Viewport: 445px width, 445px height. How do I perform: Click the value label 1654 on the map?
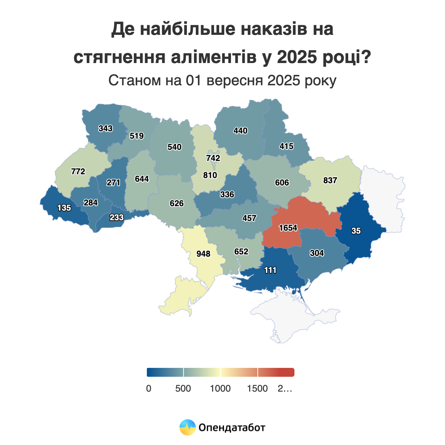click(x=288, y=228)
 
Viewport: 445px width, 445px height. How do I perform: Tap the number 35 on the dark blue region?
click(x=356, y=231)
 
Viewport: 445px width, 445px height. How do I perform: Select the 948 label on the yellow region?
click(x=203, y=254)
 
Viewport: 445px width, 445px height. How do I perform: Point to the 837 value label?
click(x=330, y=181)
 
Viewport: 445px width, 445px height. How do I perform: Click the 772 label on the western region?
click(x=78, y=172)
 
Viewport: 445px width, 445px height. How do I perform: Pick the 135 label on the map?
click(x=64, y=208)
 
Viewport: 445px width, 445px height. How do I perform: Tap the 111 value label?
click(x=270, y=270)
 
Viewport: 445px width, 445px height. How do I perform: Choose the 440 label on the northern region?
click(x=240, y=131)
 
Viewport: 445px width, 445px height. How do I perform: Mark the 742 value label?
click(x=213, y=158)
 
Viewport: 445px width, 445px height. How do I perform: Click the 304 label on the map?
click(x=317, y=253)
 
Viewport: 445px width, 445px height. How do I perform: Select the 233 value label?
click(x=116, y=218)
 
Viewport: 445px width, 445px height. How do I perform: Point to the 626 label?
click(x=177, y=204)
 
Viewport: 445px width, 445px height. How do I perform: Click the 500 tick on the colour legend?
click(x=183, y=389)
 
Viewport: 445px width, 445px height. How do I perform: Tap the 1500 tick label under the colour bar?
click(x=257, y=389)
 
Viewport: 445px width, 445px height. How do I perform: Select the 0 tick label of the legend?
click(x=149, y=389)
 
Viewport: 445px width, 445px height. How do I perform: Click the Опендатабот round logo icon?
click(x=187, y=428)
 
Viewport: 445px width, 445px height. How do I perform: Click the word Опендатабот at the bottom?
click(x=232, y=428)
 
